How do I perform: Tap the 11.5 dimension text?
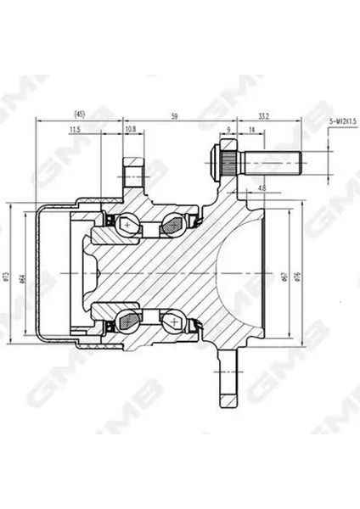point(75,129)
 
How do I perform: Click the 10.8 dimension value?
point(130,129)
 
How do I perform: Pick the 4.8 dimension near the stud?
point(262,187)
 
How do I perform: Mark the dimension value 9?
point(229,129)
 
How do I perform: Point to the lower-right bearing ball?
point(172,321)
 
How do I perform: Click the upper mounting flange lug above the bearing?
point(134,175)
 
